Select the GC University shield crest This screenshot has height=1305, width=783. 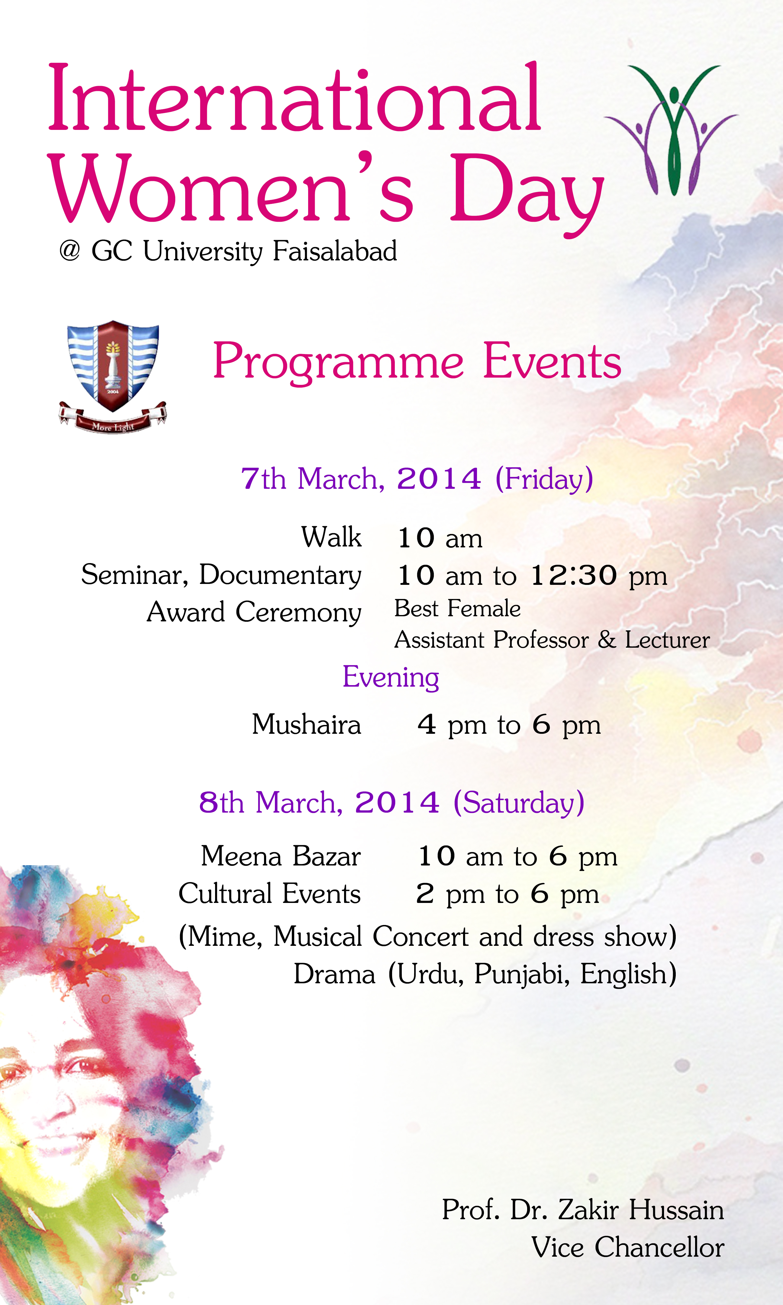[x=113, y=375]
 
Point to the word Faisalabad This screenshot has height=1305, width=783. [x=334, y=251]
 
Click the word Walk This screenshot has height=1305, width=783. [x=331, y=537]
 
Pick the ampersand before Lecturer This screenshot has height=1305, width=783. [x=607, y=640]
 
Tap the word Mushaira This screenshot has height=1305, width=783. [x=307, y=724]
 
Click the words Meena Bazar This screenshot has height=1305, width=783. [x=281, y=855]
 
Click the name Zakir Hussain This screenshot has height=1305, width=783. [x=641, y=1210]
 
